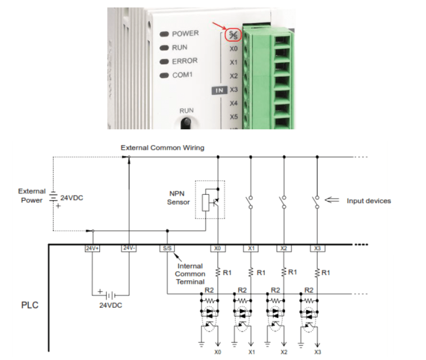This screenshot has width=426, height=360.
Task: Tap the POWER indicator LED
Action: pos(164,34)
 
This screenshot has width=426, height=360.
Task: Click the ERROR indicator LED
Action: pos(164,62)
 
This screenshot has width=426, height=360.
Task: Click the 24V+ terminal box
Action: pos(92,248)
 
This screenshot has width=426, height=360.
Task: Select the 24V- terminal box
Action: pos(129,248)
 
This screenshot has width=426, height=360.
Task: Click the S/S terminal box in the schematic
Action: pos(167,248)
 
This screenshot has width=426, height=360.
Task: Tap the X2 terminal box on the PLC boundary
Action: pos(284,248)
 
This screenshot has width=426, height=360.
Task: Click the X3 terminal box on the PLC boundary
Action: pos(317,248)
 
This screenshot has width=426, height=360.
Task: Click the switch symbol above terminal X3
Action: pos(317,202)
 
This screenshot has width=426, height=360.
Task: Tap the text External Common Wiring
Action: pos(163,148)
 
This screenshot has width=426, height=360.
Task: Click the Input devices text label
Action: pos(368,201)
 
